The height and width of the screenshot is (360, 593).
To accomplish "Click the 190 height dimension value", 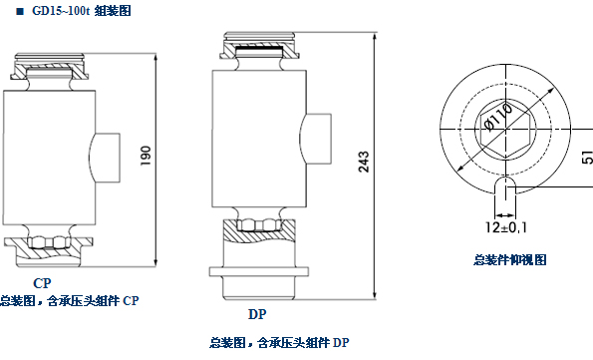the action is pos(146,156).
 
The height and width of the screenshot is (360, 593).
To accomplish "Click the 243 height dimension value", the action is pos(364,162).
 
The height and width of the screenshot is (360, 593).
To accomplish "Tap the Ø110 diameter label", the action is pos(499,117).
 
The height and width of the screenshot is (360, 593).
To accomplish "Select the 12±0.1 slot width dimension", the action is pos(506,227).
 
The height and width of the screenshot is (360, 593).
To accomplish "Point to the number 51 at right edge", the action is pos(588,158).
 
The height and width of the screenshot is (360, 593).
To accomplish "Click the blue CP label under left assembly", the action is pos(42,283).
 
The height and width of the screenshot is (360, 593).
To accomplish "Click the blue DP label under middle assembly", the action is pos(257,314).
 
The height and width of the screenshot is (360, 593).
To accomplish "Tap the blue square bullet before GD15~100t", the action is pos(20,11).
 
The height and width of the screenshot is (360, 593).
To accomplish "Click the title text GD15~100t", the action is pos(61,11).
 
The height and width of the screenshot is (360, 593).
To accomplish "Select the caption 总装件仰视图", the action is pos(510,259).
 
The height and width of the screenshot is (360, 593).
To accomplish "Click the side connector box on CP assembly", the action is pos(105,158).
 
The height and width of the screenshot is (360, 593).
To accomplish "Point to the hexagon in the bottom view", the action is pos(506,130).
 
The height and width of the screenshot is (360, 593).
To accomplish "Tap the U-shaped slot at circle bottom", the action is pos(505,185).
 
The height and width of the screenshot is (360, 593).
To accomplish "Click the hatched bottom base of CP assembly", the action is pos(49,251).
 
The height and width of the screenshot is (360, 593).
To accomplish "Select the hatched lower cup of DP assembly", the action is pos(259,231).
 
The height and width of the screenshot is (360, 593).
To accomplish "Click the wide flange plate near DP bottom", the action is pos(259,271).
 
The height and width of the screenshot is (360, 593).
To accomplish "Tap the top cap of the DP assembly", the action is pos(259,46).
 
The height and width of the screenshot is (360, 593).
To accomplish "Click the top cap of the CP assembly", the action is pos(50,67).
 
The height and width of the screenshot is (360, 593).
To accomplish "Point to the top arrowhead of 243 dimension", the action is pos(375,37).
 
